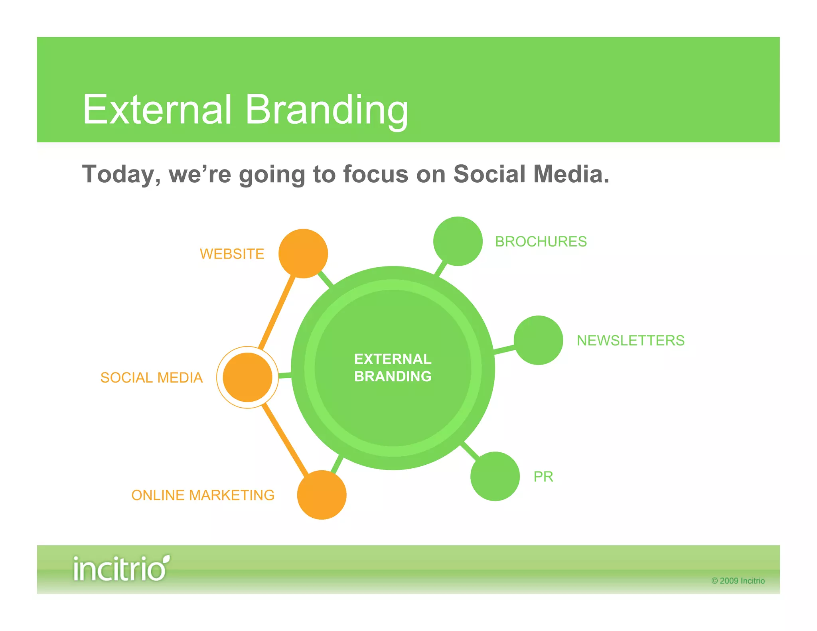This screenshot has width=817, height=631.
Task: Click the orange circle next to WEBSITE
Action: click(x=303, y=253)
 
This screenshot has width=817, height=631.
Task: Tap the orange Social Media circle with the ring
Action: click(x=247, y=377)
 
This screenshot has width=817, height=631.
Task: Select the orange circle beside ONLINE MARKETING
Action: click(x=322, y=495)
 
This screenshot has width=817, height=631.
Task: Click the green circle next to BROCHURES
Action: click(x=458, y=241)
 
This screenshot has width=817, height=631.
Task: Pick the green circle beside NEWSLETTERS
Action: click(x=538, y=340)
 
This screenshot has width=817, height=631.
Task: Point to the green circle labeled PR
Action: click(x=495, y=476)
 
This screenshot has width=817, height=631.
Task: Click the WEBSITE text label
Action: click(x=232, y=254)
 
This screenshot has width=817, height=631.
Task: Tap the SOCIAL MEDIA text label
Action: click(x=151, y=378)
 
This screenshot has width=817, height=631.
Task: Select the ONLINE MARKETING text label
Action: click(x=203, y=495)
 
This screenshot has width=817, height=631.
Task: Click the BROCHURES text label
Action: click(x=541, y=242)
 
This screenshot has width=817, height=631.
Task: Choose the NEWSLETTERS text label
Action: click(x=630, y=341)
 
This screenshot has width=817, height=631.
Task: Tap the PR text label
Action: click(x=543, y=477)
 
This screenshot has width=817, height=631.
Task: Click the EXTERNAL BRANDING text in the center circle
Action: click(x=393, y=367)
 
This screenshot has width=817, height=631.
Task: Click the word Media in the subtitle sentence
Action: click(x=570, y=174)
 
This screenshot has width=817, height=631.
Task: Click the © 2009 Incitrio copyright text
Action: click(x=738, y=581)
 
